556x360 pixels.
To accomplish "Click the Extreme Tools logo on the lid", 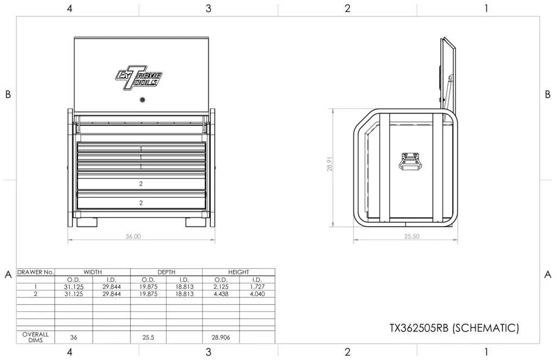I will [138, 78].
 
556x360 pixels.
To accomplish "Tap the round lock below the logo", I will [142, 100].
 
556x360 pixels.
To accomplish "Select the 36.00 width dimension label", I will [133, 236].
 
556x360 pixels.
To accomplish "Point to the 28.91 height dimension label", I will [329, 165].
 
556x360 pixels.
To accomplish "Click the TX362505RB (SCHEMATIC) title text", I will [454, 328].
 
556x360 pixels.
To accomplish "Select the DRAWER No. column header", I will [36, 272].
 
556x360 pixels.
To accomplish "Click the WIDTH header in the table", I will [92, 272].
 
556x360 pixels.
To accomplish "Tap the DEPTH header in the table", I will [166, 272].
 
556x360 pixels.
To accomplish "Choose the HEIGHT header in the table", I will [238, 272].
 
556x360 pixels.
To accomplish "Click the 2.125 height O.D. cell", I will [220, 286].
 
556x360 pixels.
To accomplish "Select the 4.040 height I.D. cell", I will [257, 293].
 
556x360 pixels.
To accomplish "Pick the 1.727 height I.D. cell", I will [257, 286].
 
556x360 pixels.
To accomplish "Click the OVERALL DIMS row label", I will [36, 337].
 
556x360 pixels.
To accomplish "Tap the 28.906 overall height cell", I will [220, 337].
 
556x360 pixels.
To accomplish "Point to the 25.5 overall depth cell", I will [148, 337].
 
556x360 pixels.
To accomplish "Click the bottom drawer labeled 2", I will [141, 202].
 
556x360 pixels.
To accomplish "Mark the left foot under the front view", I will [86, 222].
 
